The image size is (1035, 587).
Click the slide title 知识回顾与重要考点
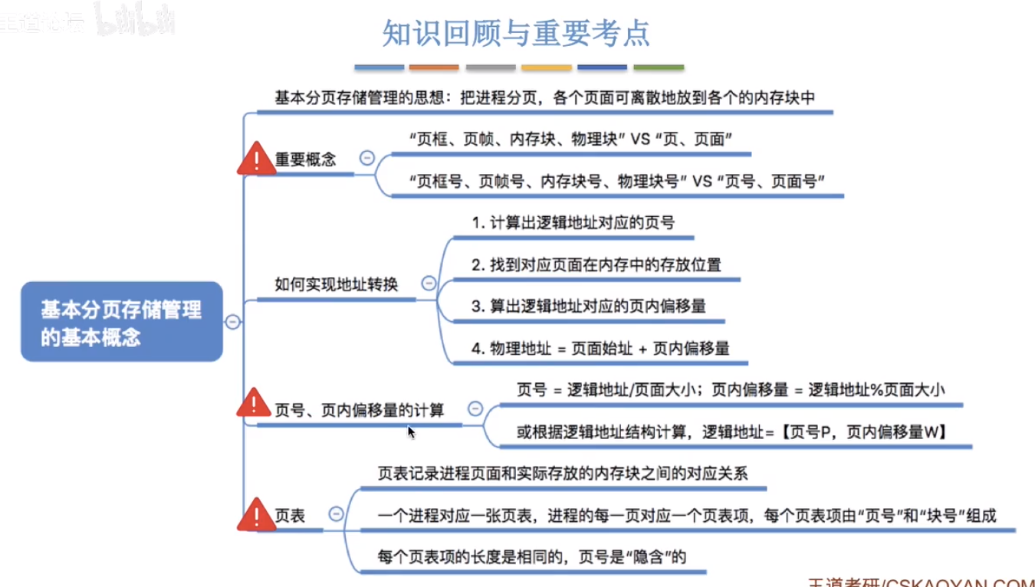click(516, 33)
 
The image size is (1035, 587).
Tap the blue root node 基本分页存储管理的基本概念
click(122, 322)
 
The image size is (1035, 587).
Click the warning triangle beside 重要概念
click(256, 159)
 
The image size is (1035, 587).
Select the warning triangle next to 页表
click(256, 514)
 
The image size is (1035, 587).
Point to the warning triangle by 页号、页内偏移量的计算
click(254, 403)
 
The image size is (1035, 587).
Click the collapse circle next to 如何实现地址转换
click(429, 283)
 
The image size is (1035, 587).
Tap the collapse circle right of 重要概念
click(367, 158)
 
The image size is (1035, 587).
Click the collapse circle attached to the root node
click(233, 321)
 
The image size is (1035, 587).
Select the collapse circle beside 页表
click(336, 513)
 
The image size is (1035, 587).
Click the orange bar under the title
click(434, 67)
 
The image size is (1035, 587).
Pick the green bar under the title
click(659, 67)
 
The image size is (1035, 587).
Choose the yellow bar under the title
click(547, 67)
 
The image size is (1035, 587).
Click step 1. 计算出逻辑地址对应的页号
click(573, 223)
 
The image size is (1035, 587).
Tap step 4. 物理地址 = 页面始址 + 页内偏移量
click(600, 348)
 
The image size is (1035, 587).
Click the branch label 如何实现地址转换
click(337, 284)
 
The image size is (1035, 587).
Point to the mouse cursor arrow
click(411, 432)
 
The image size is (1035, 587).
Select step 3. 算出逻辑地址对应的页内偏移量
click(589, 307)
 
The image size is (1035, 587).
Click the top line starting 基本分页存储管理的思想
click(545, 98)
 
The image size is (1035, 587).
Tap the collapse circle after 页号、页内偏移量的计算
click(475, 408)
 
